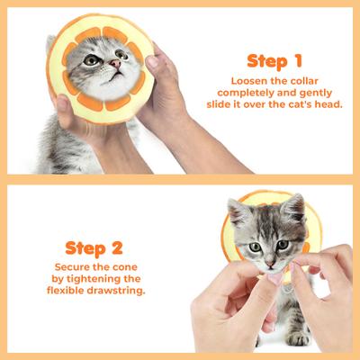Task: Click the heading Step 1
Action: pyautogui.click(x=274, y=61)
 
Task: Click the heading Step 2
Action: pyautogui.click(x=94, y=247)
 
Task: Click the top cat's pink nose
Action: pyautogui.click(x=115, y=65)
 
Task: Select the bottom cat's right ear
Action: pyautogui.click(x=292, y=209)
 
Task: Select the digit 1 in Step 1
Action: pyautogui.click(x=296, y=61)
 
